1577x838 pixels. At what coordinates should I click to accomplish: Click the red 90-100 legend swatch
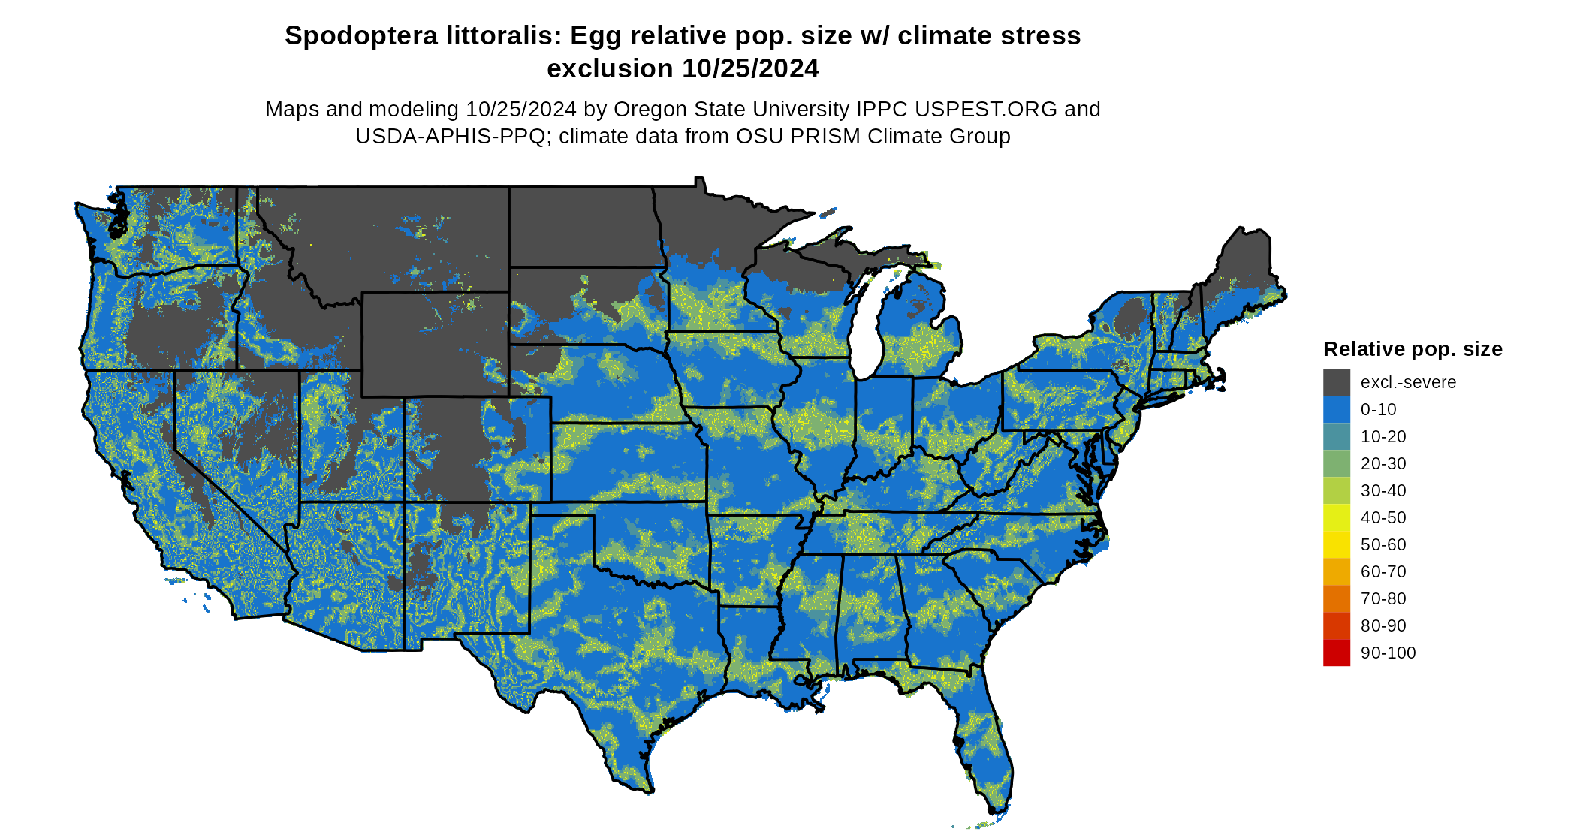(1336, 653)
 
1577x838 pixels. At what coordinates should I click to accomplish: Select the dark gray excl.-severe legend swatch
(1336, 382)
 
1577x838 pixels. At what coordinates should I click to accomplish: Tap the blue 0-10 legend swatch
(1336, 409)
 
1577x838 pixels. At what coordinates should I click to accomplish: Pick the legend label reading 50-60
(1383, 544)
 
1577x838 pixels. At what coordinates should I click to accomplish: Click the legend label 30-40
(1383, 490)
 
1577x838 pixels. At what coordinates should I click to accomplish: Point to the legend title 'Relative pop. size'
(1412, 349)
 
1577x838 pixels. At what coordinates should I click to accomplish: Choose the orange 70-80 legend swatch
(1336, 598)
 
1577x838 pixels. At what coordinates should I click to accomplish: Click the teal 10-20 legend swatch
(1336, 436)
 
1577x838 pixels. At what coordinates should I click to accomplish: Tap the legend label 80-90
(1383, 625)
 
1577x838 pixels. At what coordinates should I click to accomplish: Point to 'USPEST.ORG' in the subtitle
(981, 110)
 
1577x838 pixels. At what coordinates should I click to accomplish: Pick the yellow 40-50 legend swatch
(1336, 517)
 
